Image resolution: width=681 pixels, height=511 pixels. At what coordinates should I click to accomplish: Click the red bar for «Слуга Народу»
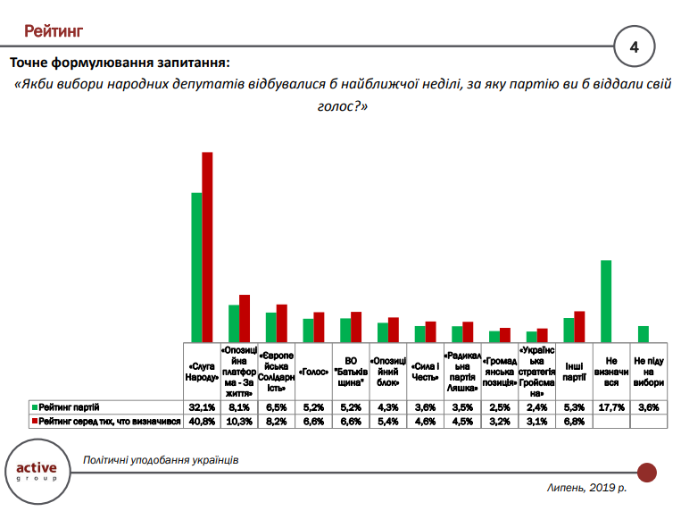[x=207, y=247]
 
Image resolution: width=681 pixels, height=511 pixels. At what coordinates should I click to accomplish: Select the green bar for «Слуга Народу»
[x=197, y=267]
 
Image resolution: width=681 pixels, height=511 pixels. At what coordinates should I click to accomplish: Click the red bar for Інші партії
[x=578, y=326]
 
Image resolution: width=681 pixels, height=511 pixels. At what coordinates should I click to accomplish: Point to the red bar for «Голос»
[x=319, y=327]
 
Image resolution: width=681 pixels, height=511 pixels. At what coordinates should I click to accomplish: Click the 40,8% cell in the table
[x=201, y=421]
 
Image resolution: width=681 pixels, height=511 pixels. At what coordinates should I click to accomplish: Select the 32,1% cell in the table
[x=201, y=406]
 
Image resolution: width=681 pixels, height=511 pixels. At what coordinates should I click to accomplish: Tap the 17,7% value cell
[x=610, y=406]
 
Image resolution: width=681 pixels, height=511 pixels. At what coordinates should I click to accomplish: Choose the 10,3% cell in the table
[x=238, y=421]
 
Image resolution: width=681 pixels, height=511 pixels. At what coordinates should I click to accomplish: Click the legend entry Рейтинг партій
[x=68, y=406]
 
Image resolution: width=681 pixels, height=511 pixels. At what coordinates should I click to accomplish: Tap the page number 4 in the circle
[x=635, y=46]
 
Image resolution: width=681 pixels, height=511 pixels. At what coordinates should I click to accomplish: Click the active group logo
[x=37, y=470]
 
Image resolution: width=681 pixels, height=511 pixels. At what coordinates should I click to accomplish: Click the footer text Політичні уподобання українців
[x=161, y=460]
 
